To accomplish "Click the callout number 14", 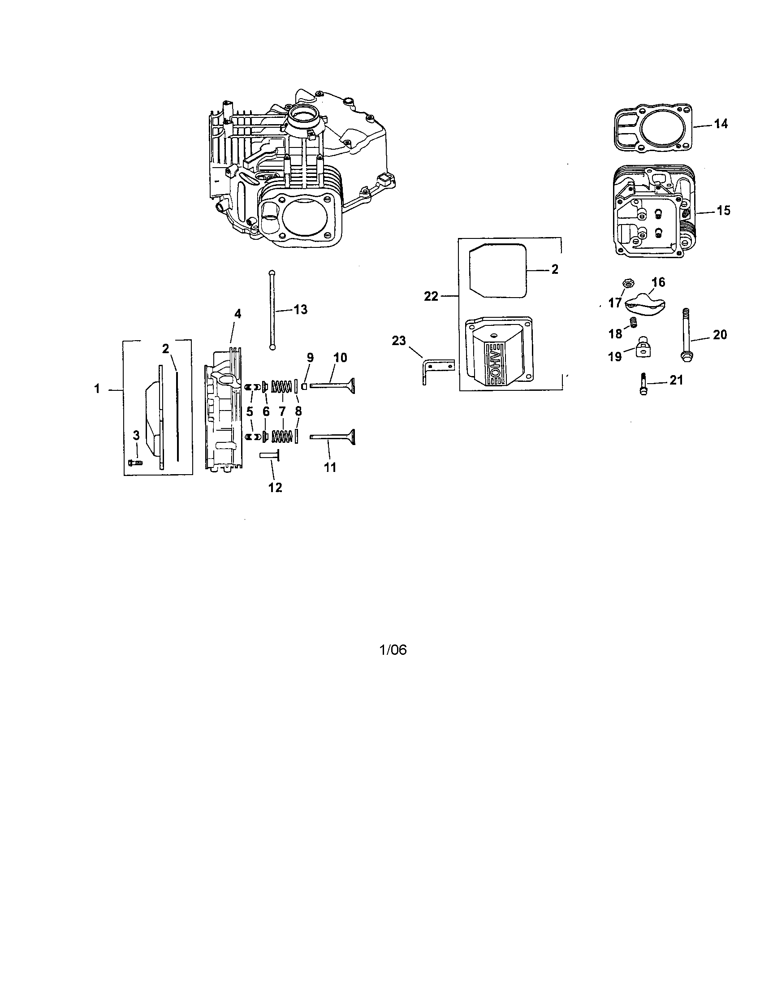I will pos(721,124).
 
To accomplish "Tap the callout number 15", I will pos(723,210).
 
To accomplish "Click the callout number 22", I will pos(431,297).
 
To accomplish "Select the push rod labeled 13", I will pos(272,309).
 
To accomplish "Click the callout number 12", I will pos(275,487).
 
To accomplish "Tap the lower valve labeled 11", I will pos(332,437).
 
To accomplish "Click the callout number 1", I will pos(97,388).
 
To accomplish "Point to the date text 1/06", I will pos(393,650).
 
